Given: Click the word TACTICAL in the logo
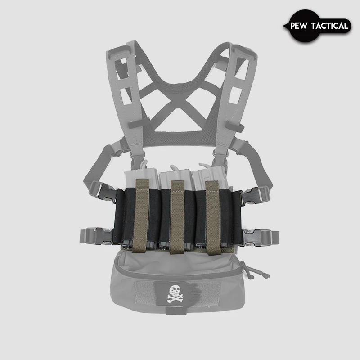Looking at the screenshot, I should (x=330, y=26).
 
